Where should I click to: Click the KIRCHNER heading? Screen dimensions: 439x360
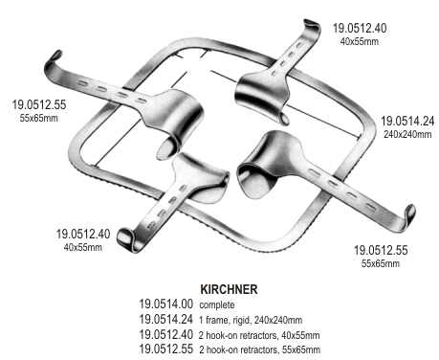tap(229, 289)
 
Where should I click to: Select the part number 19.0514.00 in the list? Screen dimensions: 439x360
tap(165, 304)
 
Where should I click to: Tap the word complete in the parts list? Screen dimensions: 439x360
tap(217, 304)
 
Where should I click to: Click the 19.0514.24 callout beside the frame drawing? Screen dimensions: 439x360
tap(407, 121)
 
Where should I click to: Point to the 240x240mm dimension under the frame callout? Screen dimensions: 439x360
tap(407, 134)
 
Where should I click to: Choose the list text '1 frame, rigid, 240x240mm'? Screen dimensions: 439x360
tap(251, 320)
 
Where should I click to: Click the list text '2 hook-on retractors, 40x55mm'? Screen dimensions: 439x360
tap(259, 335)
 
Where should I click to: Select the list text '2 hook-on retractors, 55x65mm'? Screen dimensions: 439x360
tap(259, 349)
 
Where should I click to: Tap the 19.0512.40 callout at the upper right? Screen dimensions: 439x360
tap(360, 28)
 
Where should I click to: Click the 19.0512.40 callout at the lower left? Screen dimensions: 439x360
tap(83, 234)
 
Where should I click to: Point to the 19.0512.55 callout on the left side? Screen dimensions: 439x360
tap(39, 104)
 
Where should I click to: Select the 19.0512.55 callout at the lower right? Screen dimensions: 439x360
tap(381, 250)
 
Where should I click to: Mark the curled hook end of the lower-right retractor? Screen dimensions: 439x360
tap(409, 215)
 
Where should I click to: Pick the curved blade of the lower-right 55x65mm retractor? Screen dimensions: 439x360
tap(268, 163)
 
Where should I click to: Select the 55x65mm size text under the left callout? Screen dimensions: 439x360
tap(39, 118)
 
